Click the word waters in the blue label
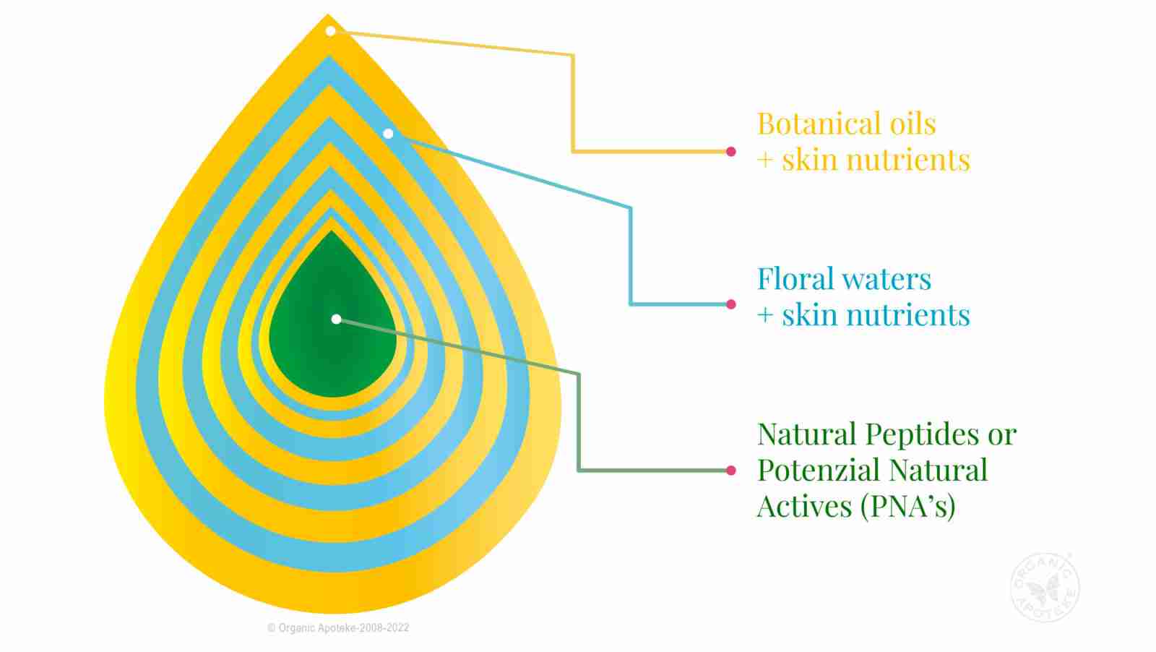click(x=887, y=280)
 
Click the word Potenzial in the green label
click(x=819, y=470)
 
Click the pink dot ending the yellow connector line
click(x=730, y=151)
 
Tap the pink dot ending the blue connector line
click(x=730, y=304)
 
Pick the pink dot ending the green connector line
click(x=730, y=471)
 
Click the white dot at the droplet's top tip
click(x=330, y=31)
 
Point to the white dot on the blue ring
click(x=388, y=134)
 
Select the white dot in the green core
click(x=336, y=319)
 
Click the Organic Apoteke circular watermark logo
click(x=1045, y=587)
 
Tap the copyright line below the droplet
click(x=338, y=628)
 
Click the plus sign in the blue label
click(x=765, y=315)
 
